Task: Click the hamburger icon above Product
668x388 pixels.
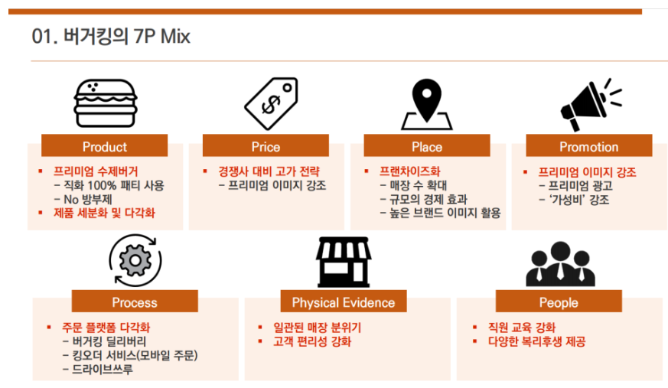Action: pos(106,103)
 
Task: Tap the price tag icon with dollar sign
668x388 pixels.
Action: pos(272,103)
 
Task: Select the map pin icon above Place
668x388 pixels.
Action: pos(426,104)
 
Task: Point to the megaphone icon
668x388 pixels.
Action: pos(591,105)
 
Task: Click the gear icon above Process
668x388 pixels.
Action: pos(135,260)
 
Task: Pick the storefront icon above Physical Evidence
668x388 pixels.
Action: pos(344,262)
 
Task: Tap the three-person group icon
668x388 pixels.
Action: pos(560,263)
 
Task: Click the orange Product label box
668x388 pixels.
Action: pos(104,145)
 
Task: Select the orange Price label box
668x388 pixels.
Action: pos(266,145)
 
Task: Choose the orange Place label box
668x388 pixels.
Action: pos(427,145)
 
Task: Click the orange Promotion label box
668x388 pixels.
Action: pos(588,145)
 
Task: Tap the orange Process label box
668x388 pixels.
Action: pos(135,301)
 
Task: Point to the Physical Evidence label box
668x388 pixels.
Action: pos(344,301)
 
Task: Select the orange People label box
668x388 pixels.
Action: pos(559,301)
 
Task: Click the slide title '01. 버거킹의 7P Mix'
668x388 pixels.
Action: pos(111,36)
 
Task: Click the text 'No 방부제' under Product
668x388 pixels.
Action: pos(88,199)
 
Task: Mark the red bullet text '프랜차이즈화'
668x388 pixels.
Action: pos(410,171)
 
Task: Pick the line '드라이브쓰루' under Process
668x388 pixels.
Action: pos(103,369)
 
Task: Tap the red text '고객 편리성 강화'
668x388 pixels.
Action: pos(312,341)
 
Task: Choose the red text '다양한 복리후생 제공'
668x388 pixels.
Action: pos(537,341)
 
